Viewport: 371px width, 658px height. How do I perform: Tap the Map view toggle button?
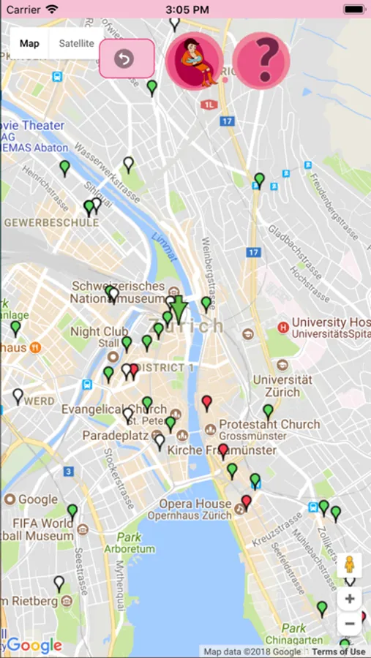29,44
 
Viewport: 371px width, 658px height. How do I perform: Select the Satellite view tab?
76,44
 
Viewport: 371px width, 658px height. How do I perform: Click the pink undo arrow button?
126,58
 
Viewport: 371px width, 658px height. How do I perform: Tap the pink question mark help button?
261,60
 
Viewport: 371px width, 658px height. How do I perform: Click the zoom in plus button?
350,599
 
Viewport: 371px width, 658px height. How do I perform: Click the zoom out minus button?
350,624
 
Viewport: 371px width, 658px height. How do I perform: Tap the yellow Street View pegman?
350,565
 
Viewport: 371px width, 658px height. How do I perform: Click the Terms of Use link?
338,651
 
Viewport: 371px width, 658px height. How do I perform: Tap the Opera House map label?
195,504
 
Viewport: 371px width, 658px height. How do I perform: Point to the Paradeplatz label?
111,435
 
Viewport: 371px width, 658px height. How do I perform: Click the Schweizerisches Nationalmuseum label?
117,292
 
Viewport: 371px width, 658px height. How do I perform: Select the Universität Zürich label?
282,385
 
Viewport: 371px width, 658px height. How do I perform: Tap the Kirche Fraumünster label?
222,450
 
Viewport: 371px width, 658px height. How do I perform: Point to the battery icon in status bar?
353,10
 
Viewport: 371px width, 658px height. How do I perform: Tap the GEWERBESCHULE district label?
51,222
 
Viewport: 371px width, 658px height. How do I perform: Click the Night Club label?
99,332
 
